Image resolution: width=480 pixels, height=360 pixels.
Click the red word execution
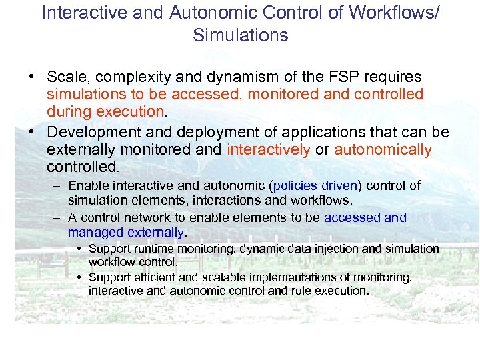click(129, 111)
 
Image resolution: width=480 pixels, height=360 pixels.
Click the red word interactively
click(269, 149)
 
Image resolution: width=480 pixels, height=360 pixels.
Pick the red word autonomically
click(383, 149)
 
